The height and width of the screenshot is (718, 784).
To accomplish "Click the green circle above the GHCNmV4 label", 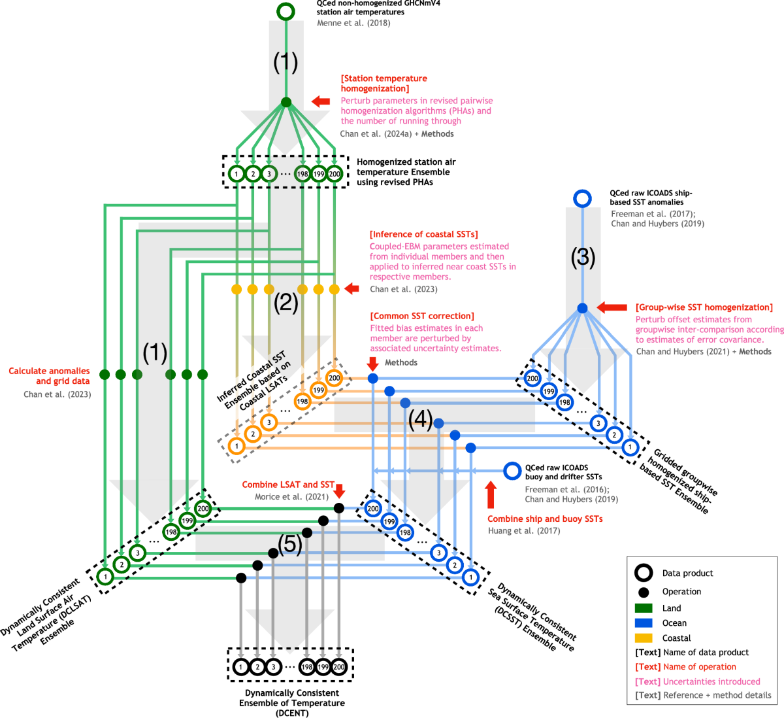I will [286, 12].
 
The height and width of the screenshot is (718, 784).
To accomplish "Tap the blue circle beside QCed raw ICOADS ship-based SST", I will [582, 198].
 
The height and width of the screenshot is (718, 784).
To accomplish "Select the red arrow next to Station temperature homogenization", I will [321, 101].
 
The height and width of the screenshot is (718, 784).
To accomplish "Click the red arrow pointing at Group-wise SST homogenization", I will [612, 307].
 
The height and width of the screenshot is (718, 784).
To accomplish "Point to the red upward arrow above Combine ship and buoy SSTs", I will [491, 494].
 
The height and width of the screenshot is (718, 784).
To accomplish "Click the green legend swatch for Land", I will [644, 608].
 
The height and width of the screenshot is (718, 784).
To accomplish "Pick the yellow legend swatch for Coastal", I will [644, 638].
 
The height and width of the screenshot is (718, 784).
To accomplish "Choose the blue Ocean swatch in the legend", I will [644, 623].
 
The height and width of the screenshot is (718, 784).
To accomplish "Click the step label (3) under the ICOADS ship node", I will [583, 257].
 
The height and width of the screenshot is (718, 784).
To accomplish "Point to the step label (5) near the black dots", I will [290, 544].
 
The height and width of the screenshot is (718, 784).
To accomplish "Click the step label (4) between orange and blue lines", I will [420, 419].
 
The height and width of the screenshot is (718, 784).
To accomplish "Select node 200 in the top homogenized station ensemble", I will [335, 174].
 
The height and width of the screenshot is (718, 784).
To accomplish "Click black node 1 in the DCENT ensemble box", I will [241, 667].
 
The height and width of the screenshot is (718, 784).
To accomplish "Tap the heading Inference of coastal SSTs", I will [423, 234].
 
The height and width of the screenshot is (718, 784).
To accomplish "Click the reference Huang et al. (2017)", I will [524, 531].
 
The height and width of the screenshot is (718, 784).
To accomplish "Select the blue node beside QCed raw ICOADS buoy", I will [512, 471].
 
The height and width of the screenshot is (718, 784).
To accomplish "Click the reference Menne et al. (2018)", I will [353, 23].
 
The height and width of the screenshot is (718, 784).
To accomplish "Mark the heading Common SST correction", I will [422, 316].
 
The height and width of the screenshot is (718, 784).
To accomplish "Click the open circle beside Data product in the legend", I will [644, 573].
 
